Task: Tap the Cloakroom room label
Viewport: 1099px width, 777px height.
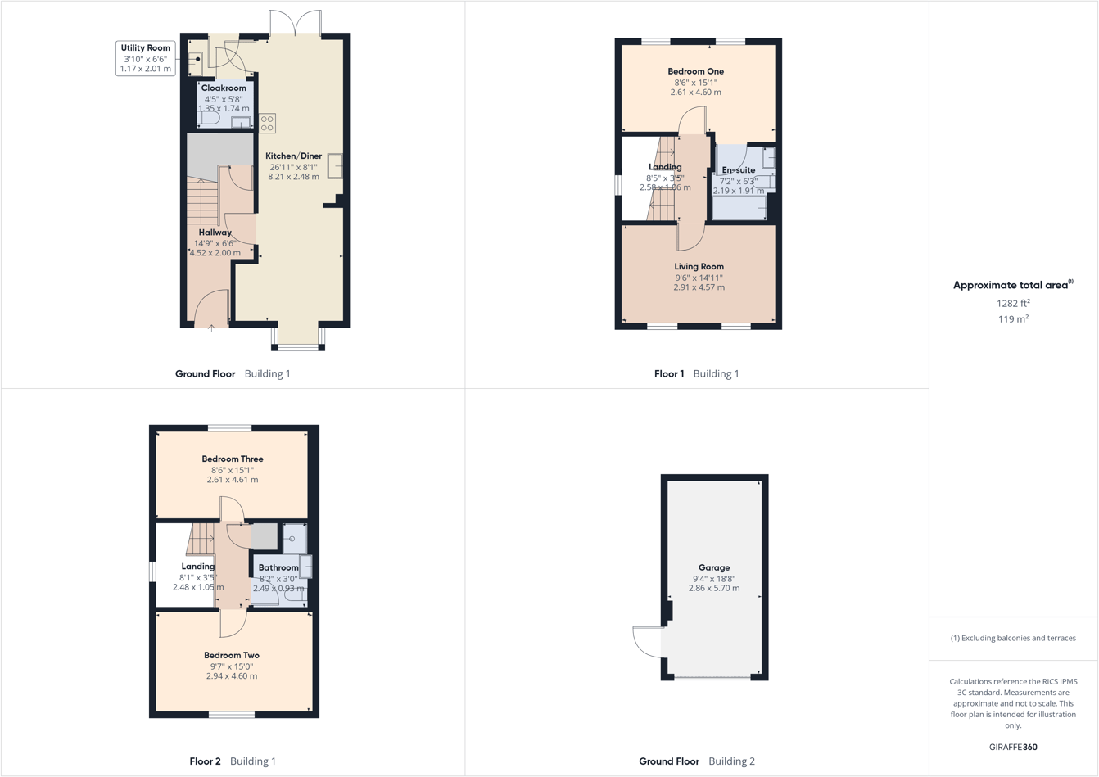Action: click(x=224, y=88)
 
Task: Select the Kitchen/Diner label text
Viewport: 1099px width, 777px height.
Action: click(x=293, y=156)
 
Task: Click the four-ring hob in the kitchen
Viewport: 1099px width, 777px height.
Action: click(x=267, y=124)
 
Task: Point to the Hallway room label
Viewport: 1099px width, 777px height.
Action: click(x=215, y=233)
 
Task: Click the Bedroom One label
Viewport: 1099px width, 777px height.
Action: click(x=695, y=72)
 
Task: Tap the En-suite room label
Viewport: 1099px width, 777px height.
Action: click(x=738, y=170)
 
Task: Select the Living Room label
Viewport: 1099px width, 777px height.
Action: click(x=699, y=267)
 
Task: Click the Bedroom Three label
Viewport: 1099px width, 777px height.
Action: click(x=233, y=459)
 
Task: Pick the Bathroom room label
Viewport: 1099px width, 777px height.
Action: click(x=278, y=567)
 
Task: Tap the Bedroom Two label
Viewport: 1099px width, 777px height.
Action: click(x=232, y=656)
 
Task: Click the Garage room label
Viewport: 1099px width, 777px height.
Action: click(x=713, y=567)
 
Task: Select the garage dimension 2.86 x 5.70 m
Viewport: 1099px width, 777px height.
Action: click(x=713, y=588)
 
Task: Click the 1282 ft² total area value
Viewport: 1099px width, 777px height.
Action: click(x=1013, y=303)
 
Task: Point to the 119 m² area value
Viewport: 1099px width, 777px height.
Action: click(x=1013, y=319)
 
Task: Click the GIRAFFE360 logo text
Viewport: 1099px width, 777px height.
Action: click(x=1013, y=747)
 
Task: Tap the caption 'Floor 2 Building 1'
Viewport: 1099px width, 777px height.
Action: click(x=233, y=761)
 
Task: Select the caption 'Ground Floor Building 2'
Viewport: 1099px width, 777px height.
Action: click(x=697, y=761)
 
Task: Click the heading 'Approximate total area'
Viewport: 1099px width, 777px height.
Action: click(x=1012, y=285)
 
